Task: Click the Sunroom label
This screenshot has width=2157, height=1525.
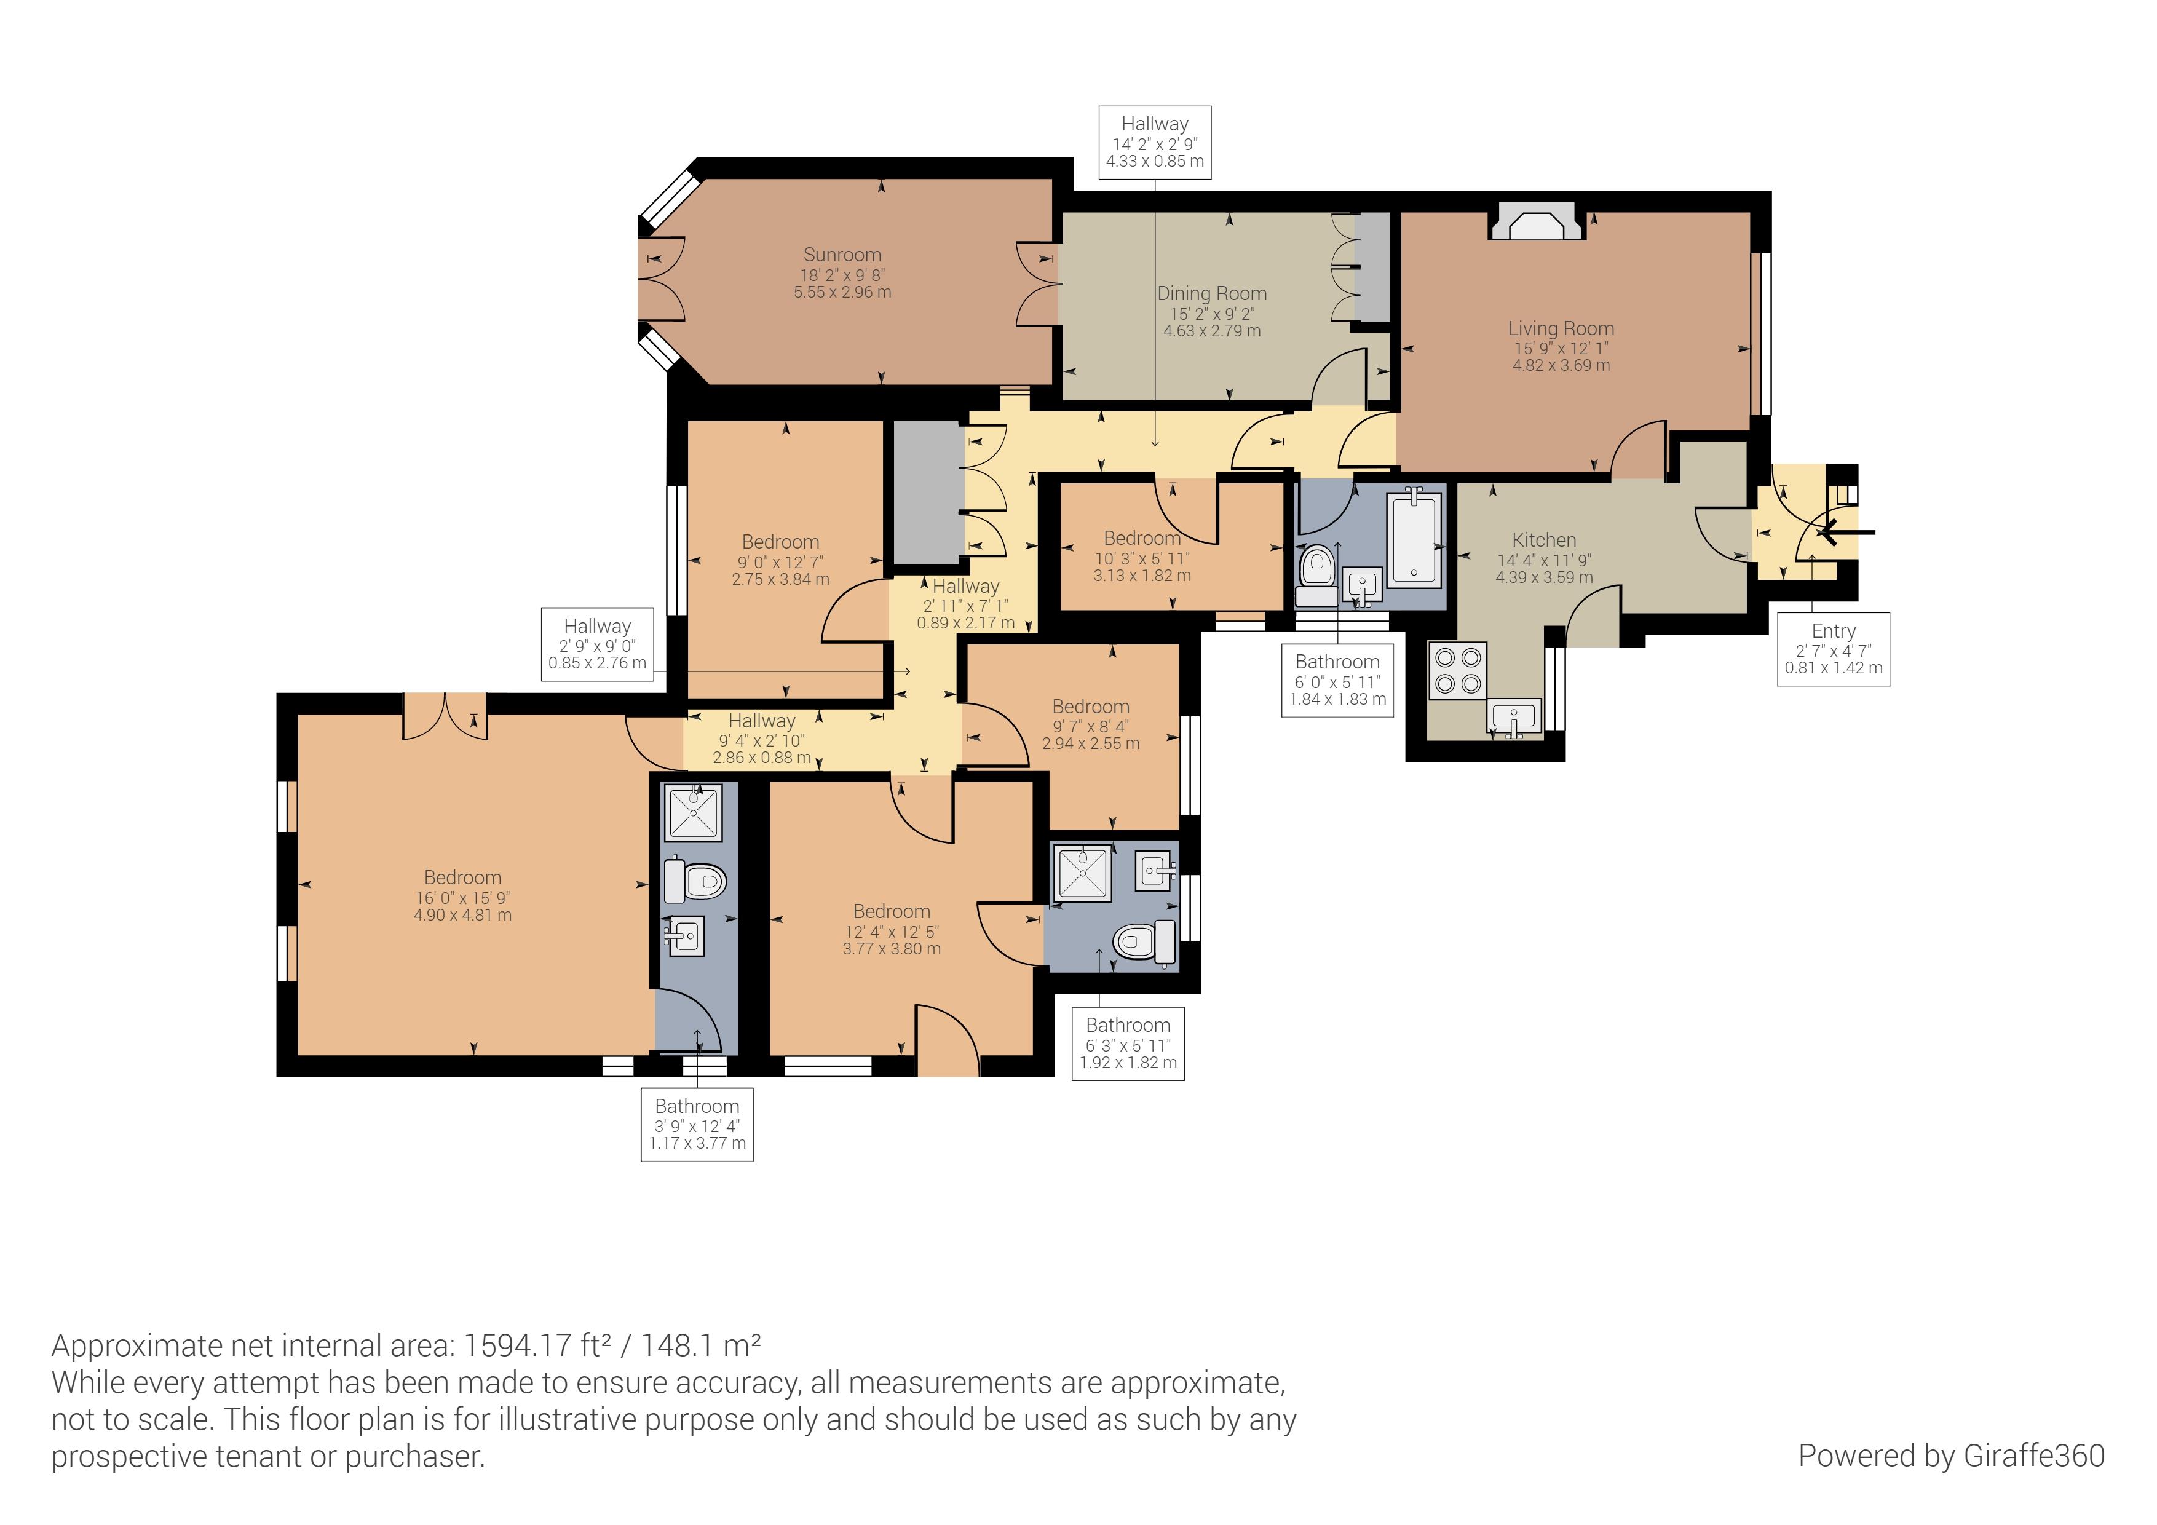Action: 842,255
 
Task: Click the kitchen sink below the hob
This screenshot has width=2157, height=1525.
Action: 1513,718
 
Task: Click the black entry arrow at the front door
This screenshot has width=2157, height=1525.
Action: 1843,533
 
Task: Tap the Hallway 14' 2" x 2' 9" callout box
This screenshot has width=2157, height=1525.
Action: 1155,142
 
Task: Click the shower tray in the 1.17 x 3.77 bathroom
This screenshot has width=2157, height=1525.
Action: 694,814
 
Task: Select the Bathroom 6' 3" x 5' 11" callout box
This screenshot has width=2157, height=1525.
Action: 1127,1043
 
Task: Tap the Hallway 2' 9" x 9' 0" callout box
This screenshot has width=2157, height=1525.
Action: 598,644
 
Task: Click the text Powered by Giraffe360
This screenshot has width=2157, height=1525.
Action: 1950,1456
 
